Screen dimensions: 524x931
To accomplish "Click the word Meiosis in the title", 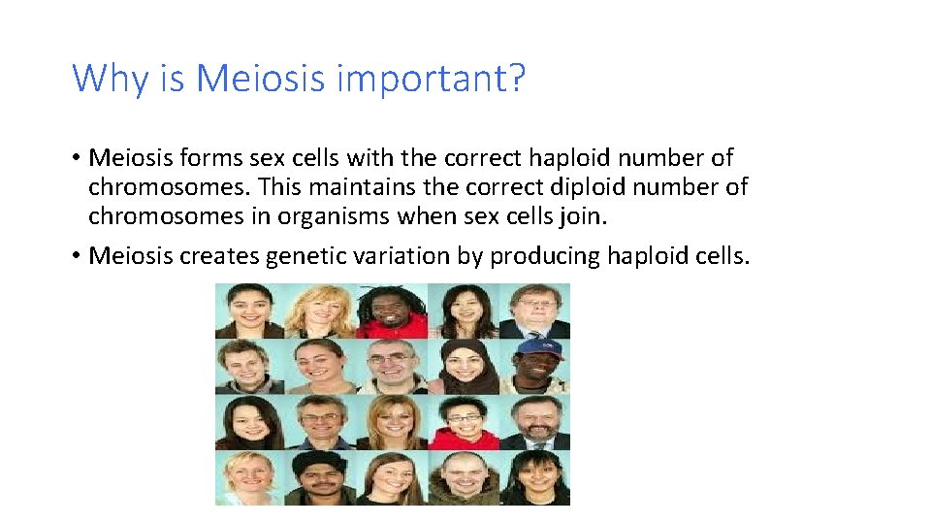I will click(x=260, y=78).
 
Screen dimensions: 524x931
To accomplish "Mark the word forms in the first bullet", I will click(x=198, y=157).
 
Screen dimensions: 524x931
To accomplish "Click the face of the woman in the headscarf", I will click(x=464, y=366).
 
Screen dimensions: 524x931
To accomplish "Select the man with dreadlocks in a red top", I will click(x=392, y=311).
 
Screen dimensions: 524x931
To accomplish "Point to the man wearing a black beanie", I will click(x=321, y=477).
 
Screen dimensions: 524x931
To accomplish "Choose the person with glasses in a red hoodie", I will click(x=464, y=422).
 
